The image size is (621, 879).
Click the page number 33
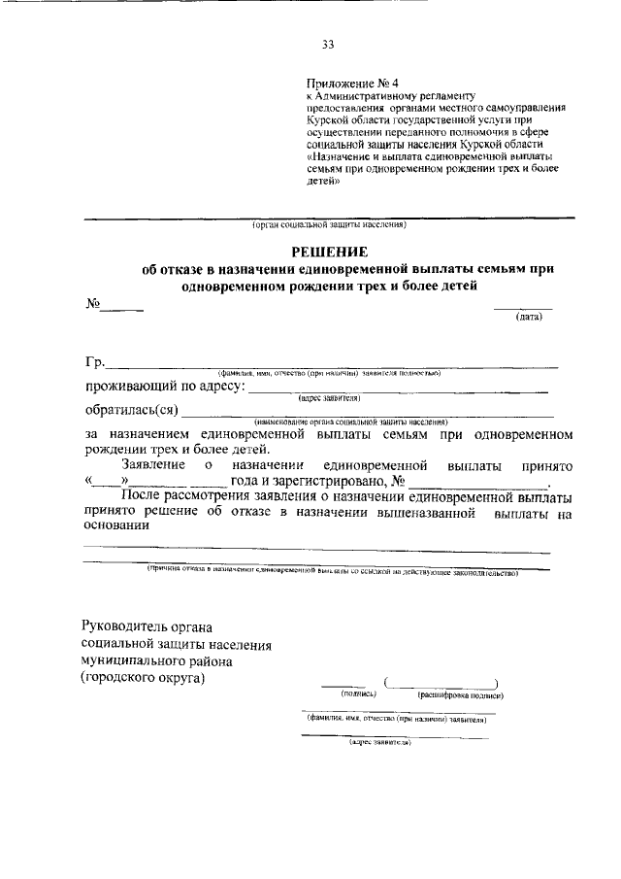(x=328, y=43)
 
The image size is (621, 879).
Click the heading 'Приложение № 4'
(x=346, y=84)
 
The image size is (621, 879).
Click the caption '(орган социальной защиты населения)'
(x=328, y=225)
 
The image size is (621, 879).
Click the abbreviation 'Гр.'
(x=94, y=363)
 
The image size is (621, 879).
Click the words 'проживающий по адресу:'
(x=165, y=388)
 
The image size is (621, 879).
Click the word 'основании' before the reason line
(x=116, y=526)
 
